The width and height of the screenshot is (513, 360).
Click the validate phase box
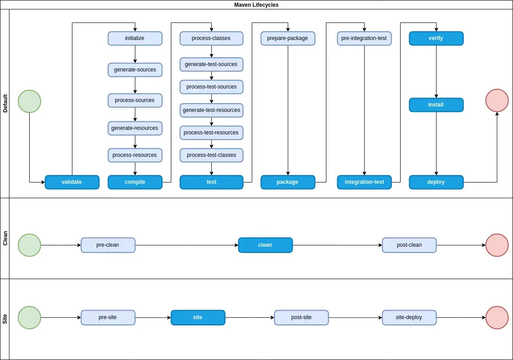72,182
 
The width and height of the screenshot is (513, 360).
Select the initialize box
135,38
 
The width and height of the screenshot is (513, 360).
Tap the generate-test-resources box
211,110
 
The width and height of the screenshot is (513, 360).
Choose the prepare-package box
288,38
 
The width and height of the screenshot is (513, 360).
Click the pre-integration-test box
364,38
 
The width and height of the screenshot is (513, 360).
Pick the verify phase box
436,38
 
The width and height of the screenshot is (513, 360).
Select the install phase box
436,105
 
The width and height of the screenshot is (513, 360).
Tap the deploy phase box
436,182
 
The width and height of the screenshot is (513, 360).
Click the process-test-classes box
211,156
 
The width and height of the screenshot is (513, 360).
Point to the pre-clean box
108,245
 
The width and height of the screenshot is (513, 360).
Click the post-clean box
409,245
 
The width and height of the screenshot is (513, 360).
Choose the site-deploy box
409,317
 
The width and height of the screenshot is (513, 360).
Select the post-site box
301,317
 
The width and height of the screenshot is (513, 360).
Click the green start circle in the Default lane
29,102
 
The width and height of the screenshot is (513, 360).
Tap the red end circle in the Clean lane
497,245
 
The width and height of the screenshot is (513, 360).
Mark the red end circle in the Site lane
497,317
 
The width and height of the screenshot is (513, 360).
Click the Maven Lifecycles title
256,5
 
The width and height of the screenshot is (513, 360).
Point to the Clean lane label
5,238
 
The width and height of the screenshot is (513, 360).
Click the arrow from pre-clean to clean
187,245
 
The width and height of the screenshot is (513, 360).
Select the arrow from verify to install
436,71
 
